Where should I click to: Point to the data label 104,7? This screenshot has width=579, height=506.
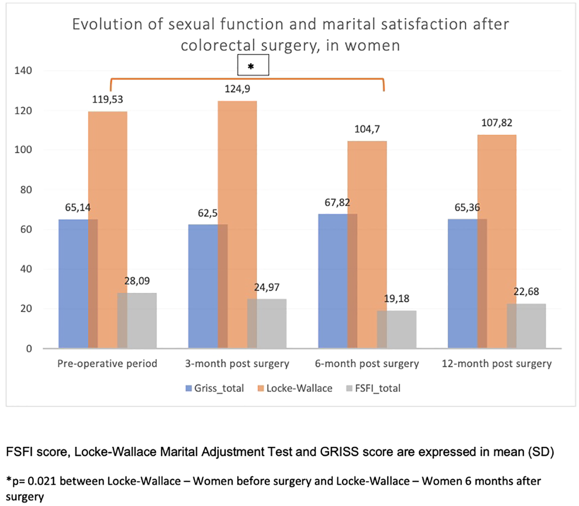(367, 129)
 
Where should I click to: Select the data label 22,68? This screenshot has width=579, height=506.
(526, 292)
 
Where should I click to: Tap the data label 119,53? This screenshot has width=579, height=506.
(107, 99)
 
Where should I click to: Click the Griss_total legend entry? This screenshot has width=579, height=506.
(215, 389)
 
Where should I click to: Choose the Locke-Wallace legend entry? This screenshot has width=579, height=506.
(295, 389)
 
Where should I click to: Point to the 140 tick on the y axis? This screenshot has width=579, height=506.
(23, 71)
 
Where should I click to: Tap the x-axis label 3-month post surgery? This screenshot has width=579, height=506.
(237, 364)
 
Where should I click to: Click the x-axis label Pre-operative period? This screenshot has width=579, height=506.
(107, 364)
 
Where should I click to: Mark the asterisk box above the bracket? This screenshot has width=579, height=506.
(253, 66)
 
